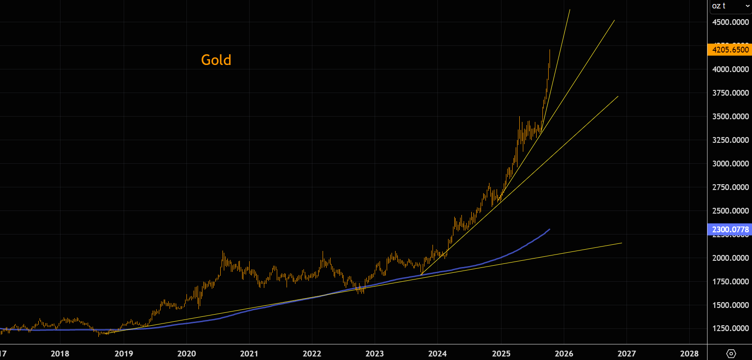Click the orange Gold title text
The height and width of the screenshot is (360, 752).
(216, 60)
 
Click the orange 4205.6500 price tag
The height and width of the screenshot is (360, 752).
(730, 49)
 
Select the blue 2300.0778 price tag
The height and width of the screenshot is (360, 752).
(730, 230)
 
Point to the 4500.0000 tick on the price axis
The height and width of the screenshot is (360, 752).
(730, 22)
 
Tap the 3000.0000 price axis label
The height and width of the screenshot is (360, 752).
(730, 164)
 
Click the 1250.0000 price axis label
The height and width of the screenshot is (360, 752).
(730, 328)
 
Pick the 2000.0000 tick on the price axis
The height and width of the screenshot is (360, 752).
(730, 258)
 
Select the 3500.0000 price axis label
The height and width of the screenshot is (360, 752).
(730, 117)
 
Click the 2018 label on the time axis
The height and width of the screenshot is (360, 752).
(60, 354)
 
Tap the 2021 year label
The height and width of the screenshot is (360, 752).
(249, 354)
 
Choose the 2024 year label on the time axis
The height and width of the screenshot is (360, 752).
(437, 354)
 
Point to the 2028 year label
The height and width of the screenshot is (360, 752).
(689, 354)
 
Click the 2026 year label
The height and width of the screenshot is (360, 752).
(564, 354)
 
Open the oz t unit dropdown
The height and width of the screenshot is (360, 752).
(730, 6)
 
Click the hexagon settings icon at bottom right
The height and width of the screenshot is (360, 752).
(731, 354)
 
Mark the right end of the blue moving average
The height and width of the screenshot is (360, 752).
(550, 229)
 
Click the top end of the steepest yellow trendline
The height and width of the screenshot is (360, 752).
(570, 10)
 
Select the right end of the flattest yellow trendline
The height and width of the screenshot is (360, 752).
(621, 243)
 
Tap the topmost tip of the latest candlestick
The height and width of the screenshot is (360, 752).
(550, 50)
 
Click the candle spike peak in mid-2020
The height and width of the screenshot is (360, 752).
(223, 251)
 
